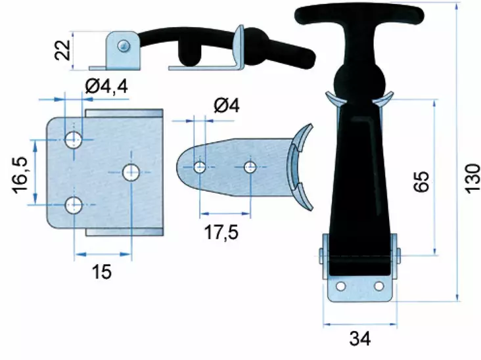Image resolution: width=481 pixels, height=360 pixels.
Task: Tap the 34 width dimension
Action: [359, 339]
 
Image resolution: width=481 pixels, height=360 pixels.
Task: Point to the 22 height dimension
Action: [63, 49]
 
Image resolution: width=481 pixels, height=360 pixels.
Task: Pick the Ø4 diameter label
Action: [226, 105]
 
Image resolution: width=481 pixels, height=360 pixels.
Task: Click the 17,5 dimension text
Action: [221, 233]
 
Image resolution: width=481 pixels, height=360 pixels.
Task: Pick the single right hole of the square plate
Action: [131, 172]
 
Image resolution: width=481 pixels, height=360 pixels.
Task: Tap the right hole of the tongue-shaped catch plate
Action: [250, 167]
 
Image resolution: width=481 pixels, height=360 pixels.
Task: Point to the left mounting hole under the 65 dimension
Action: [340, 287]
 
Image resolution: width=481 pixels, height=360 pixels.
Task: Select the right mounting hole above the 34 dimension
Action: [378, 287]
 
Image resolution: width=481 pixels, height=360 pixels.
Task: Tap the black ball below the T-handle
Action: [359, 82]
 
